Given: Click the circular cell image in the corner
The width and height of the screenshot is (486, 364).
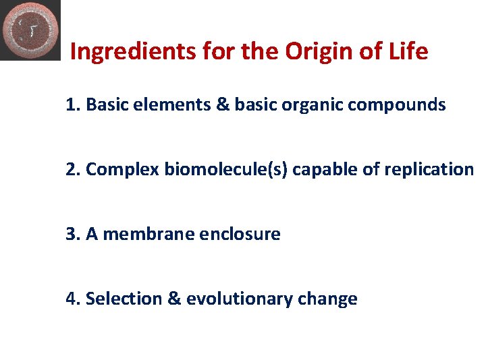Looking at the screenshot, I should click(30, 30).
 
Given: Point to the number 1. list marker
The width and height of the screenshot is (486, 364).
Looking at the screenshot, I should click(74, 105).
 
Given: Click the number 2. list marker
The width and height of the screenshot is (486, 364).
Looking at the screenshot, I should click(74, 169).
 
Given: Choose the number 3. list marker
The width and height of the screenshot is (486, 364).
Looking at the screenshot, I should click(74, 234).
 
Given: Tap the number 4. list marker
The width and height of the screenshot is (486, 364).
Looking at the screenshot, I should click(74, 299).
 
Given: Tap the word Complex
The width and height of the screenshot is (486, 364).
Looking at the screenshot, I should click(122, 169).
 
